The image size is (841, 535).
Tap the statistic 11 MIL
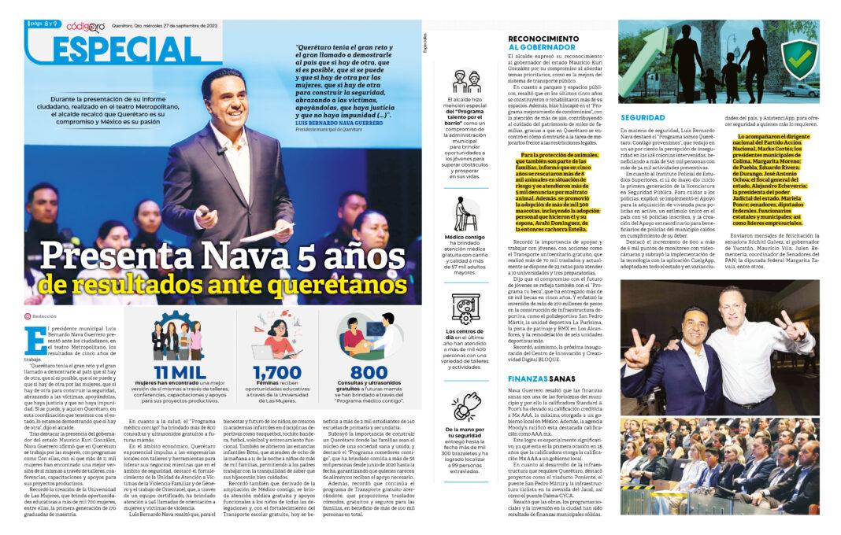coord(186,372)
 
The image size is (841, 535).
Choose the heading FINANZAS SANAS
coord(539,378)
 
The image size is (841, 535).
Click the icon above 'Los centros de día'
coord(465,308)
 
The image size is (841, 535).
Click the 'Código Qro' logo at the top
coord(85,26)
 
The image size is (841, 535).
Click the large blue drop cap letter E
coord(35,340)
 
